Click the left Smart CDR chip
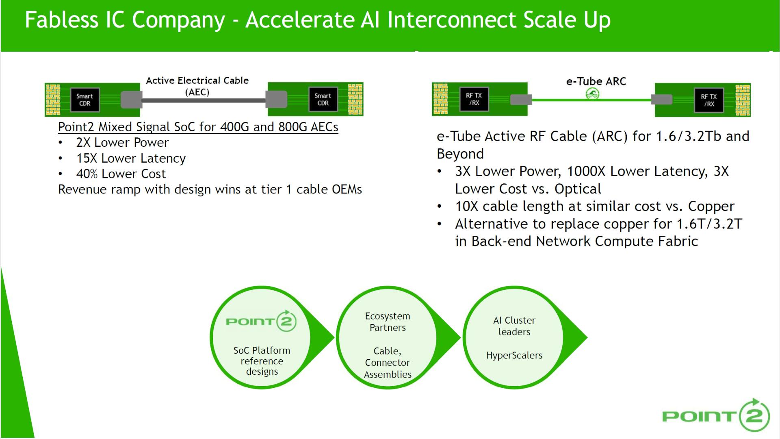84,100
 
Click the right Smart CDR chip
323,99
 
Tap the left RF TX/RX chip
474,99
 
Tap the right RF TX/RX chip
709,100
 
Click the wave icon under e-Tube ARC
593,94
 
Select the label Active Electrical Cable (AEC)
197,86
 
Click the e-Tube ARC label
596,81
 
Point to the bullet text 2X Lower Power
122,143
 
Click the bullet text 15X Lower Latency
131,158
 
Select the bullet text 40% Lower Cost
121,174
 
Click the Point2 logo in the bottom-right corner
716,415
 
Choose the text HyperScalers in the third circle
514,355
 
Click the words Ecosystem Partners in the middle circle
387,322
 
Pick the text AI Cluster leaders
514,326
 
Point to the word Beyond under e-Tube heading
460,154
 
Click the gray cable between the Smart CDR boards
203,100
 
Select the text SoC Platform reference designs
262,361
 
